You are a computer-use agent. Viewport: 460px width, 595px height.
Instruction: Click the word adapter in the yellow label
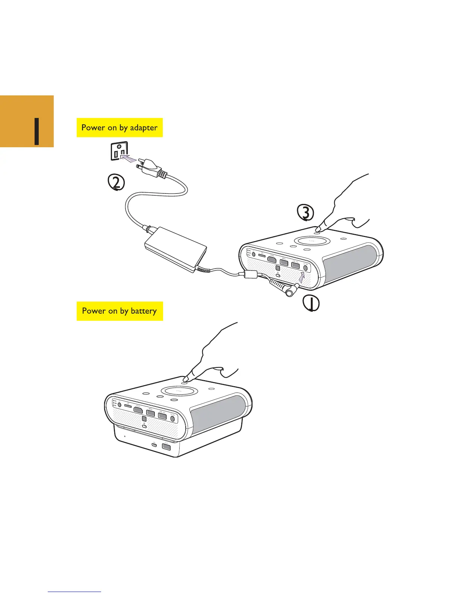(144, 128)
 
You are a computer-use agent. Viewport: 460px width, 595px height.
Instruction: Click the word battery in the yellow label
(144, 311)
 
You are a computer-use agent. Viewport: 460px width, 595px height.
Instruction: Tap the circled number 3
(306, 213)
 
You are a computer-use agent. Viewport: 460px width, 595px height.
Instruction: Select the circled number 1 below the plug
(312, 304)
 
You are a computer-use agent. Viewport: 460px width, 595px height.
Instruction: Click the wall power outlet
(119, 151)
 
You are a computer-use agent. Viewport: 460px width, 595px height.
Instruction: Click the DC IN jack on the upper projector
(306, 268)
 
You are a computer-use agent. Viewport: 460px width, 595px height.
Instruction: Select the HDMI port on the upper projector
(272, 260)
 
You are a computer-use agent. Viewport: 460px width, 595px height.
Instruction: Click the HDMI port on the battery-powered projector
(138, 410)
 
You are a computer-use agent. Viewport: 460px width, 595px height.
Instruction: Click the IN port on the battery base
(154, 445)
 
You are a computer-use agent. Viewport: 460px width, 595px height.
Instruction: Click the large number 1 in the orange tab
(36, 131)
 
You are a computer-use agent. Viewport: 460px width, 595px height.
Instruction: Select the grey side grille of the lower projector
(218, 413)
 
